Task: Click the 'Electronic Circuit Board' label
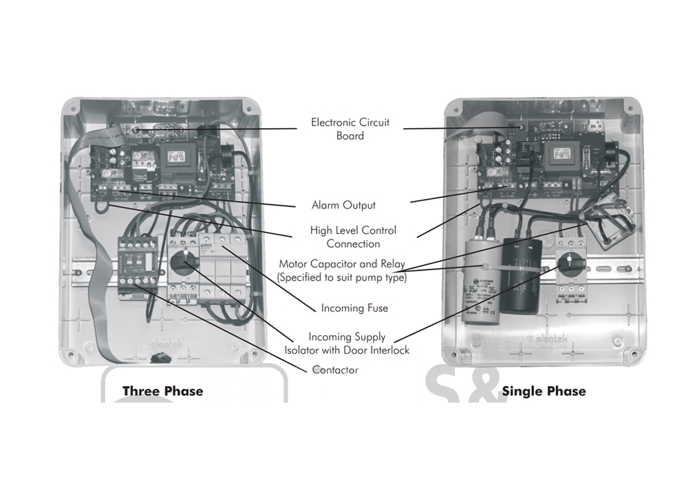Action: [350, 129]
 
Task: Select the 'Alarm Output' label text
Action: [343, 205]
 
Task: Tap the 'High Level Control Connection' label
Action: [353, 237]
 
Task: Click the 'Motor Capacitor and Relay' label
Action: [342, 270]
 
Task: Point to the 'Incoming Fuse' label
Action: [354, 308]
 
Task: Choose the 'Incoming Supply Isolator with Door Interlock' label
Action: [347, 343]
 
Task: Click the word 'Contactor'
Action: [335, 370]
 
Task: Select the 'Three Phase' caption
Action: [163, 391]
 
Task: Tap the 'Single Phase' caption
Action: [544, 391]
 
